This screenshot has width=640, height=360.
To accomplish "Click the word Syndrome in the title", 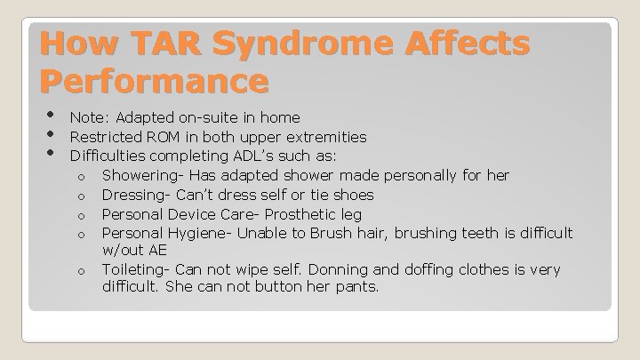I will [312, 44].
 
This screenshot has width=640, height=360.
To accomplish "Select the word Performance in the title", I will [154, 82].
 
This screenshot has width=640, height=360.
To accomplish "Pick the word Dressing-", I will [137, 195].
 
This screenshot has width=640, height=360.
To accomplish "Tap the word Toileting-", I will [137, 269].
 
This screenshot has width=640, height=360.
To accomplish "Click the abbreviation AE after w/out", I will [157, 251].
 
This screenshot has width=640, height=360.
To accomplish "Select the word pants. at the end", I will [356, 288].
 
